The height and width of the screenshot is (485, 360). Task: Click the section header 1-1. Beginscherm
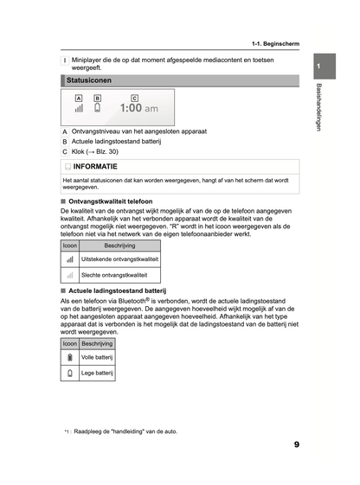[275, 42]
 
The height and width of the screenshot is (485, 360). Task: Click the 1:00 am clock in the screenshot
[138, 109]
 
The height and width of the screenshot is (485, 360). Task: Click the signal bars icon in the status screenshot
[79, 109]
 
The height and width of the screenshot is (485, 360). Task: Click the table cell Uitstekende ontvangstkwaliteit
[119, 258]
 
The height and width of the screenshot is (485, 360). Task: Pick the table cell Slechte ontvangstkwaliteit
[113, 274]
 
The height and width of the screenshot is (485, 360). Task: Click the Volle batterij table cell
[98, 357]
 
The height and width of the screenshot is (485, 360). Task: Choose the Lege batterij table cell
[98, 373]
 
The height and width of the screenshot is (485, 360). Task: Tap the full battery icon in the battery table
[69, 357]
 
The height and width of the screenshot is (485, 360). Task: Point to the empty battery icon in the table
[69, 373]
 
